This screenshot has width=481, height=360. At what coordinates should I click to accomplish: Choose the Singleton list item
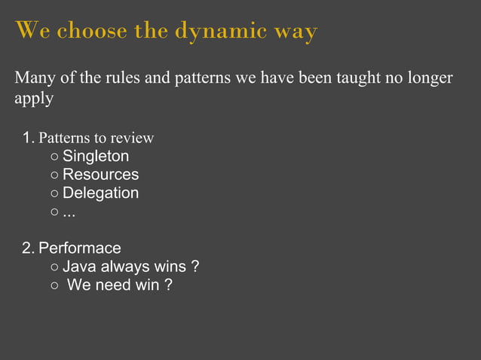coord(95,157)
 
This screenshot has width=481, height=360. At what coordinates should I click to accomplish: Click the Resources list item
coord(100,175)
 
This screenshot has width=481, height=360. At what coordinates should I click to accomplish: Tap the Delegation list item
coord(100,193)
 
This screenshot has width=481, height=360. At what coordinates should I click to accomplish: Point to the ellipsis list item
coord(69,212)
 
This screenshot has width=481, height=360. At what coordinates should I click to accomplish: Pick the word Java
coord(78,267)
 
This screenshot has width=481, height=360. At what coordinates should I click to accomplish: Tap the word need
coord(113,285)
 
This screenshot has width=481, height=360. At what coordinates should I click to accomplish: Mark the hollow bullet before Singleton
coord(54,157)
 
